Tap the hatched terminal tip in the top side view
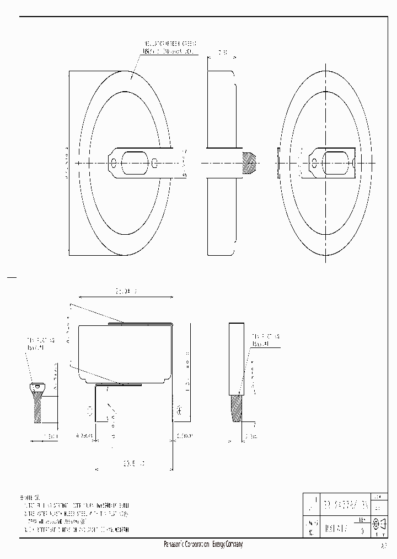pyautogui.click(x=249, y=163)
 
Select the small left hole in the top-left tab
pyautogui.click(x=114, y=163)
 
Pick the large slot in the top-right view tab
pyautogui.click(x=336, y=163)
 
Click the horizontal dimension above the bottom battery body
pyautogui.click(x=126, y=290)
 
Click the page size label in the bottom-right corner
pyautogui.click(x=383, y=546)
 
